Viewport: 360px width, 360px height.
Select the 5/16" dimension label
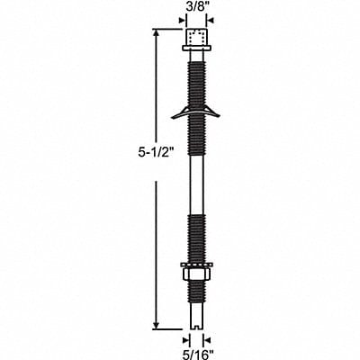pos(195,352)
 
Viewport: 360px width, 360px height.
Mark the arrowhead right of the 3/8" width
pos(211,22)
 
